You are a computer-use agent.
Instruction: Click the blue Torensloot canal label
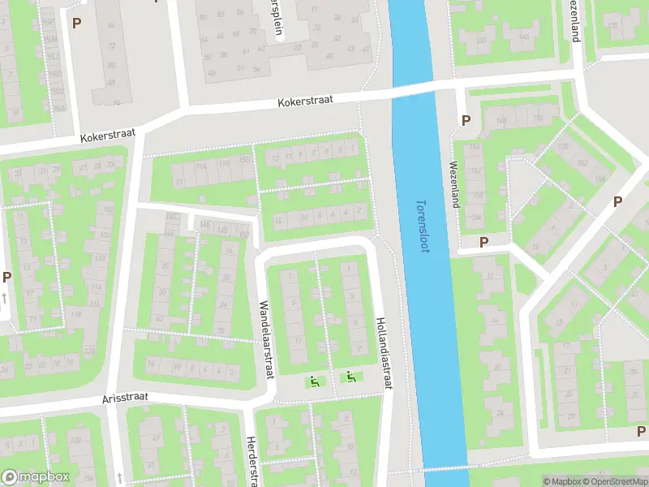point(421,226)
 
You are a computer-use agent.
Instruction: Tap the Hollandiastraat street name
point(383,352)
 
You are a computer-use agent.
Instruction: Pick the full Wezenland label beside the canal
point(453,183)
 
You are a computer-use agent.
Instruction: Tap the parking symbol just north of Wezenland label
point(466,120)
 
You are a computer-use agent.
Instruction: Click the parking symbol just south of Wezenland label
point(484,242)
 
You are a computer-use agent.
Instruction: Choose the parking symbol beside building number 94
point(77,24)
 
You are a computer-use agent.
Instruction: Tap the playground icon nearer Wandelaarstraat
point(315,380)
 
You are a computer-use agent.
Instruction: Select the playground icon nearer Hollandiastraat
point(350,377)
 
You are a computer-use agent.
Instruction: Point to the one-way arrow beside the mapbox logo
point(119,476)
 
